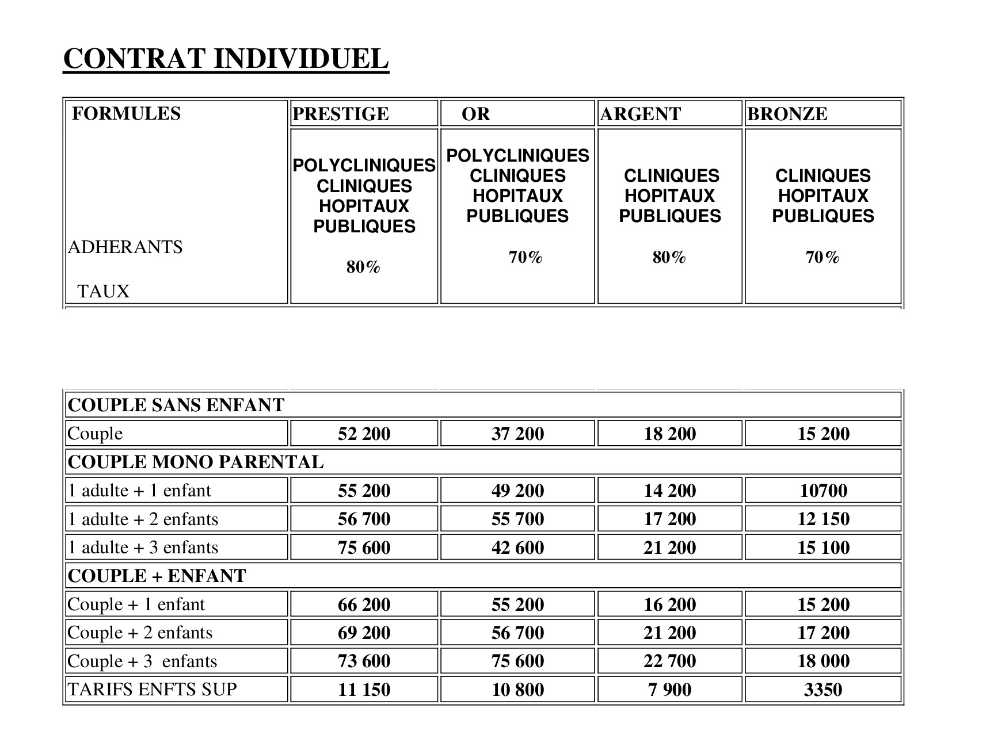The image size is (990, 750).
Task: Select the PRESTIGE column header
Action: (x=341, y=114)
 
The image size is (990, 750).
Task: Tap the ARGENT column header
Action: (x=641, y=114)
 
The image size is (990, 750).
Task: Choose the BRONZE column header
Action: (x=787, y=114)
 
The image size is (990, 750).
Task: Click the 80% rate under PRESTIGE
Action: (x=363, y=267)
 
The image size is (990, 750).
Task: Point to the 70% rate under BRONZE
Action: (x=823, y=258)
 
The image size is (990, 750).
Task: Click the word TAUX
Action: (x=104, y=292)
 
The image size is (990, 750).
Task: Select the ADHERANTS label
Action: (x=125, y=247)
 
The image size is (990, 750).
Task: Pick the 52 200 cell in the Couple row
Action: (x=364, y=434)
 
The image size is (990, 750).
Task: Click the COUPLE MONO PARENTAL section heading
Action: (x=196, y=462)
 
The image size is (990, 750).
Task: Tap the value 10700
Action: (x=823, y=491)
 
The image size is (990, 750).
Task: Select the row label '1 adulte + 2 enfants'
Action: (x=143, y=519)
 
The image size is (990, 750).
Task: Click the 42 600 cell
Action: (x=517, y=548)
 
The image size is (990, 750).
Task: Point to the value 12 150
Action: (x=823, y=519)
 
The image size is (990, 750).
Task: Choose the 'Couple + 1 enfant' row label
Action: (x=136, y=604)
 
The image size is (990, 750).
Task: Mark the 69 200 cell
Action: (x=364, y=633)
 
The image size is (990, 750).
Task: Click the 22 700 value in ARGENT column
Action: (x=669, y=661)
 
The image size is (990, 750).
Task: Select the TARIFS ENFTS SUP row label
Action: (x=153, y=689)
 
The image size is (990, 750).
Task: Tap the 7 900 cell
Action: (x=669, y=690)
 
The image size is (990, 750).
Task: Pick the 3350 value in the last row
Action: (x=823, y=690)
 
